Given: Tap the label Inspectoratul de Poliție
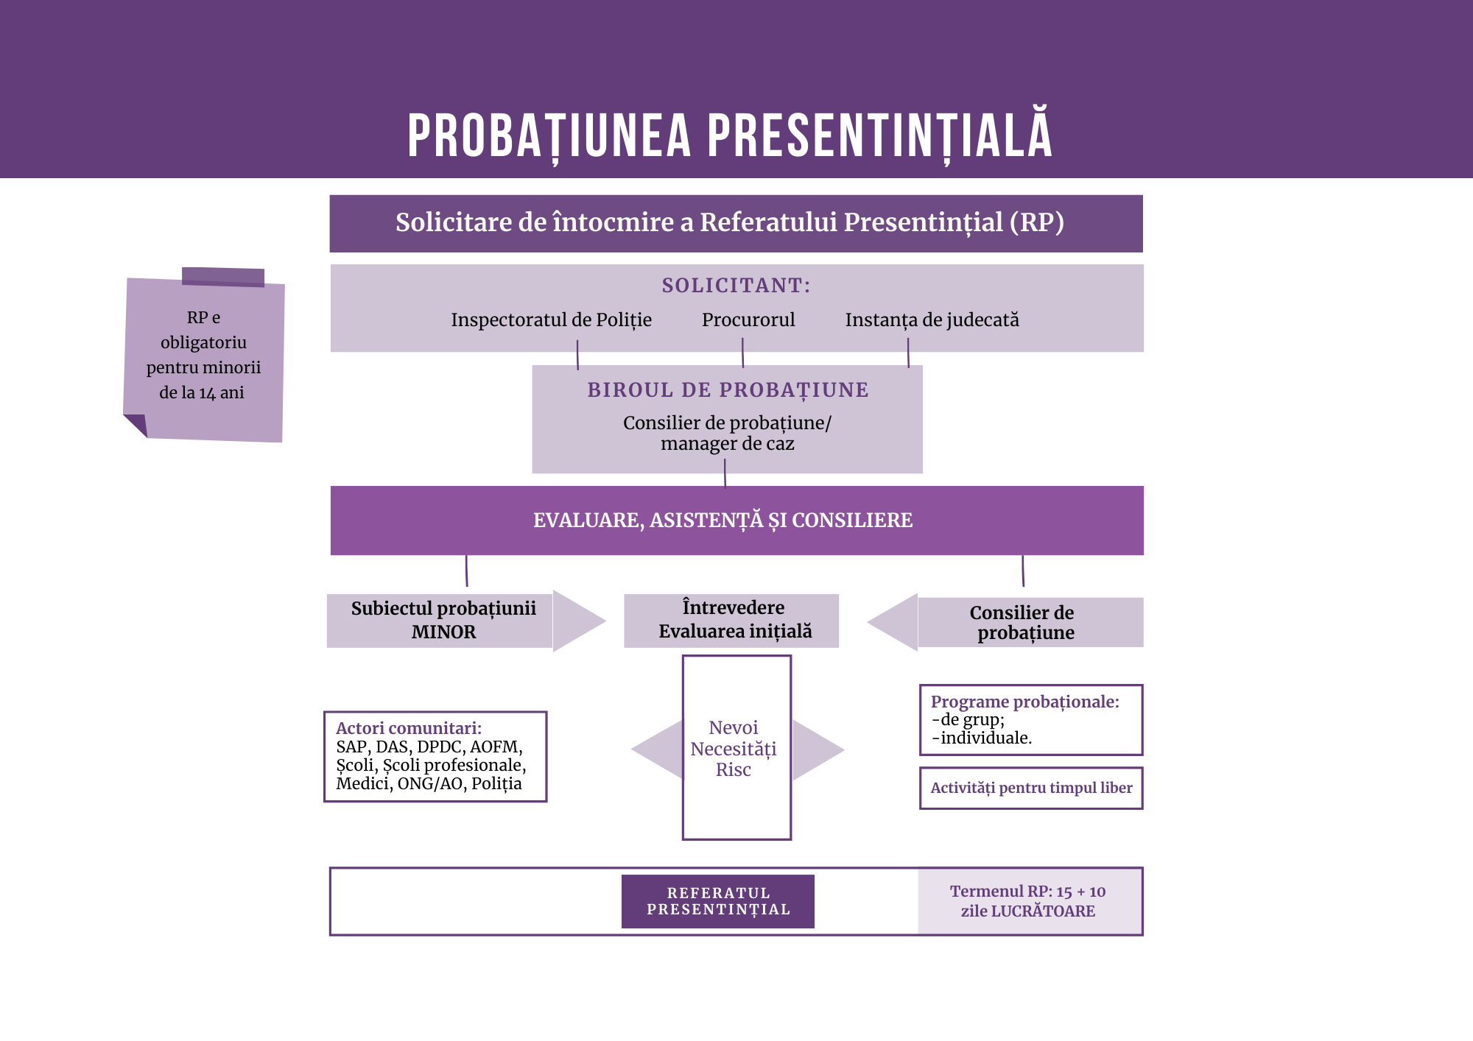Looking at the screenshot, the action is coord(551,320).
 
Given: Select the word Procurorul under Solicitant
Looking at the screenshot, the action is coord(748,320).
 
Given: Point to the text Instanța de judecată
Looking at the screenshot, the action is coord(932,320).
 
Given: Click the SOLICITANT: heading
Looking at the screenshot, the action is coord(736,285).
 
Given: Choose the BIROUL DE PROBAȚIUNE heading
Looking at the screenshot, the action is coord(728,390).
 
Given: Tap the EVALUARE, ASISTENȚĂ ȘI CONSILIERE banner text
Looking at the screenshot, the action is coord(723,520).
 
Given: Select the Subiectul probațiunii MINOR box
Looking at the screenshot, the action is coord(440,621).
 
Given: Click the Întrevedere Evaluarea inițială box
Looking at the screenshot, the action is coord(731,621).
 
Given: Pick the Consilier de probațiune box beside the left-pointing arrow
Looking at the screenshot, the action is coord(1030,622).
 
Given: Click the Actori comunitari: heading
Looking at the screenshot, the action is coord(409,728).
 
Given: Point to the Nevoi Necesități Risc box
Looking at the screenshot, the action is coord(736,747).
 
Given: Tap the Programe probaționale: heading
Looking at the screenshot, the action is coord(1024,702).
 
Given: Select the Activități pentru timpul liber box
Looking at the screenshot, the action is coord(1031,788).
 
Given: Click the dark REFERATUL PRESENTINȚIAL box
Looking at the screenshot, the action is coord(718,901).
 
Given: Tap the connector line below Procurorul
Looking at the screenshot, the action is coord(742,353).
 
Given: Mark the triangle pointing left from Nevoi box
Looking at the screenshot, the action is coord(658,749).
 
